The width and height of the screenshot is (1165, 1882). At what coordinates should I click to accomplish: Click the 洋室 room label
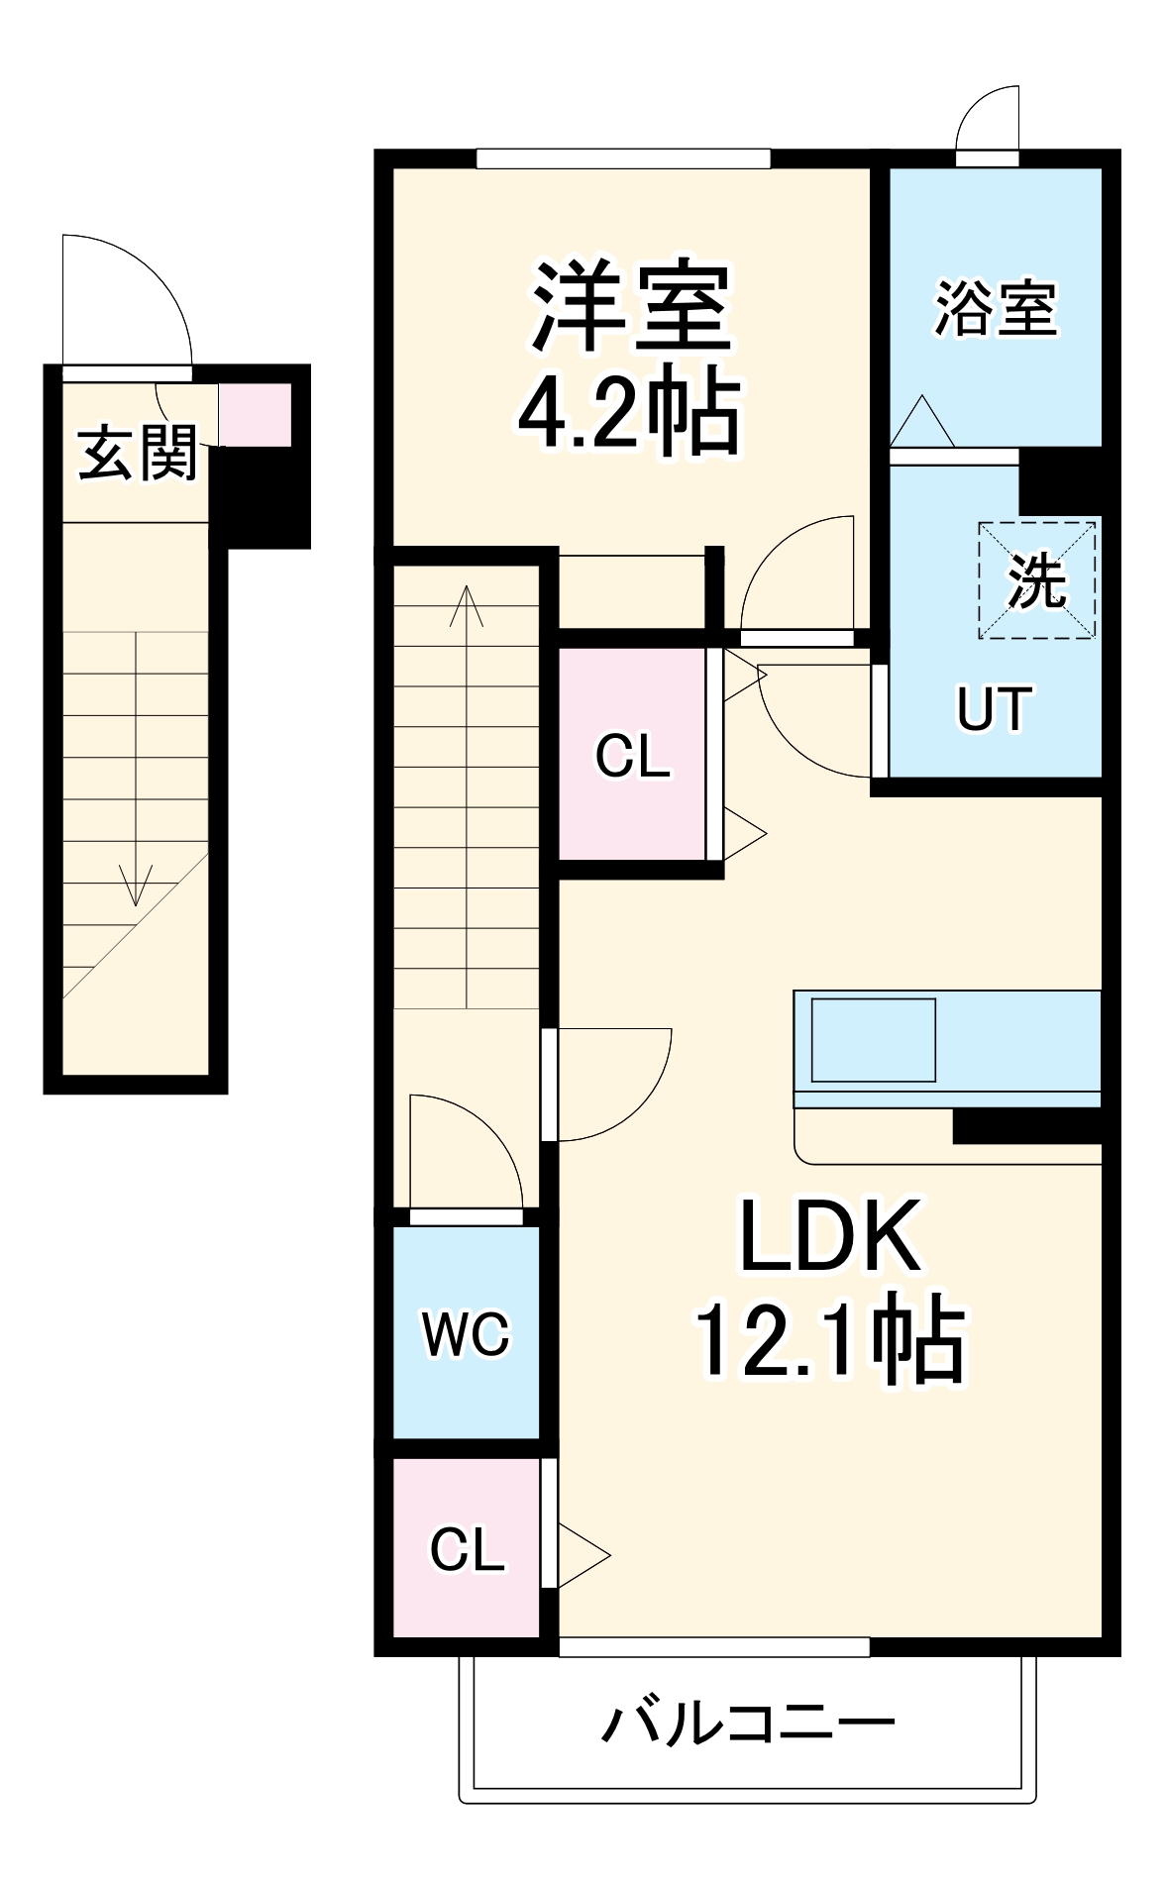pos(631,307)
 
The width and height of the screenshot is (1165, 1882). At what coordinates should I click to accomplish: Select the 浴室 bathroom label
pos(996,308)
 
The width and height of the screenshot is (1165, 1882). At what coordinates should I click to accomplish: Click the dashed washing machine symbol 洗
pos(1037,580)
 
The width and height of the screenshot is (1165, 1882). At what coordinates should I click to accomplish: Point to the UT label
pos(994,708)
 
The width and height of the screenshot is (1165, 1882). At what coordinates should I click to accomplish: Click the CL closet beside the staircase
pos(632,757)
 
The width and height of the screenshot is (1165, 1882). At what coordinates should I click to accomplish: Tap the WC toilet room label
pos(466,1333)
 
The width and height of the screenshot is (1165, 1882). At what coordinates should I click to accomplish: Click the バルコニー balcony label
pos(748,1725)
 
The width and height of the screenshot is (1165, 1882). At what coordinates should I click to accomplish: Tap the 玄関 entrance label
pos(138,454)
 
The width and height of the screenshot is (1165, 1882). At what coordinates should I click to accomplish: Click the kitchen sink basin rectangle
pos(873,1039)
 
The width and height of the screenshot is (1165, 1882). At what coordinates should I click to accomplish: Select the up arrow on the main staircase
pos(467,606)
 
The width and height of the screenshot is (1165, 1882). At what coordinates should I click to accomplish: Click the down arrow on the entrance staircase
pos(136,884)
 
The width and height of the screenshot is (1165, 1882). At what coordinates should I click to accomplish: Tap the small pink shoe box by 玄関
pos(255,415)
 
